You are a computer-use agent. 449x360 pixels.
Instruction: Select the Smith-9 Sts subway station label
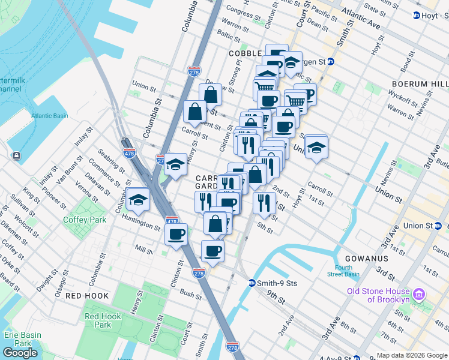[x=277, y=283]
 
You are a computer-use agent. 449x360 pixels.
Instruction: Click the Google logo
[x=20, y=353]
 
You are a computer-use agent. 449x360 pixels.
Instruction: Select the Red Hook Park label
[x=98, y=320]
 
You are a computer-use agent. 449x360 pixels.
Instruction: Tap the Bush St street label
[x=190, y=295]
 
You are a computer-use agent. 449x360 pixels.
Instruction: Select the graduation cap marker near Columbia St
[x=138, y=200]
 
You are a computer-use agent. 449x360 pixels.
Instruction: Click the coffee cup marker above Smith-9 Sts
[x=212, y=251]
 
